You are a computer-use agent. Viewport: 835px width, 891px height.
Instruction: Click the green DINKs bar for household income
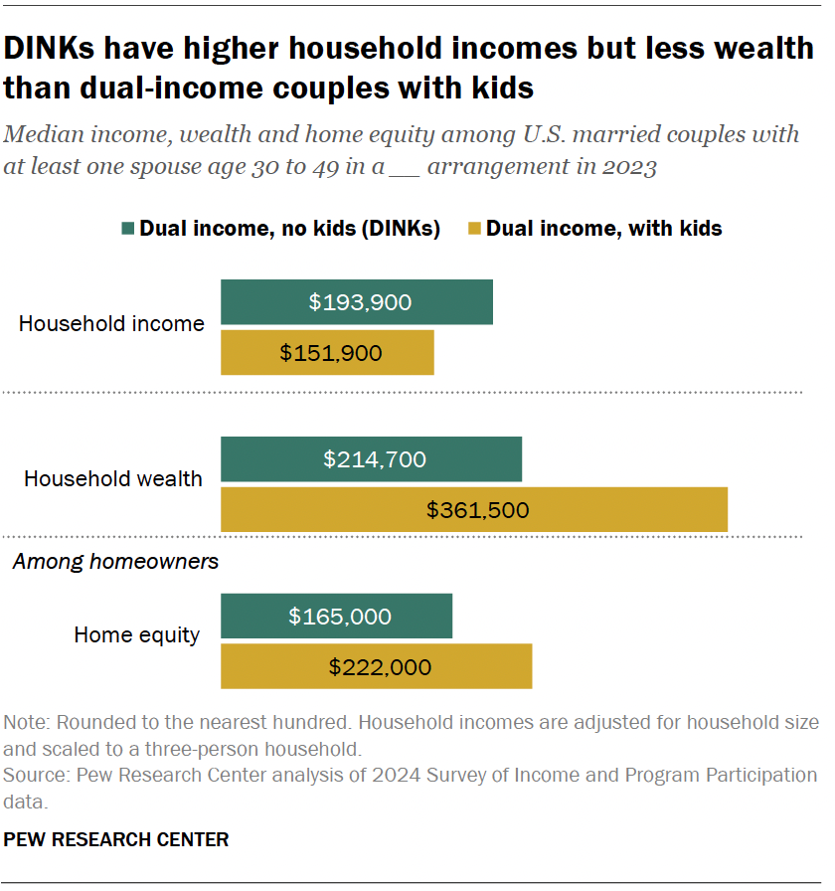coord(356,301)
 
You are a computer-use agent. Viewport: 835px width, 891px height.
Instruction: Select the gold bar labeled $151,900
coord(327,353)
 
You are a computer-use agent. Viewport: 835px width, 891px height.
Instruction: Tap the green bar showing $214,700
coord(371,458)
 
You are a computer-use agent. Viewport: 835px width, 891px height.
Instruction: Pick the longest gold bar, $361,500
coord(474,510)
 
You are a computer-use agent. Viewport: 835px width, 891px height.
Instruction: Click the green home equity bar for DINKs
coord(336,616)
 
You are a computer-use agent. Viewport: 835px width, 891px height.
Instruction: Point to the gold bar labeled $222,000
coord(376,666)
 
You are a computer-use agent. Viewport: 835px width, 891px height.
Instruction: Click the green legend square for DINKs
coord(126,229)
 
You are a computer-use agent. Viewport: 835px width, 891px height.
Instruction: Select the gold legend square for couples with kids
coord(474,229)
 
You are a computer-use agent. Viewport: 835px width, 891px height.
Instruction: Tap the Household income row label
coord(111,323)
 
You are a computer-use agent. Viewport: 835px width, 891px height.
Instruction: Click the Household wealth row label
coord(112,478)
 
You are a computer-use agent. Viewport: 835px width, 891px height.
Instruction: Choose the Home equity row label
coord(136,634)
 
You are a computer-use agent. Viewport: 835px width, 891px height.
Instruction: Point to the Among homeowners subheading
coord(115,562)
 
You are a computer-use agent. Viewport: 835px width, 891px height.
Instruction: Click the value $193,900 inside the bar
coord(360,302)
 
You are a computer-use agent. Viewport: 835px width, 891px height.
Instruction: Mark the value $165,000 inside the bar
coord(340,617)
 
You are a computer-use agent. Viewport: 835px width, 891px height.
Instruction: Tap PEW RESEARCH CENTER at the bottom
coord(116,839)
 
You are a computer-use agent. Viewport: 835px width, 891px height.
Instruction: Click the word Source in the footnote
coord(33,775)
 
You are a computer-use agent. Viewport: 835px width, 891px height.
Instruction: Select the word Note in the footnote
coord(25,722)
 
